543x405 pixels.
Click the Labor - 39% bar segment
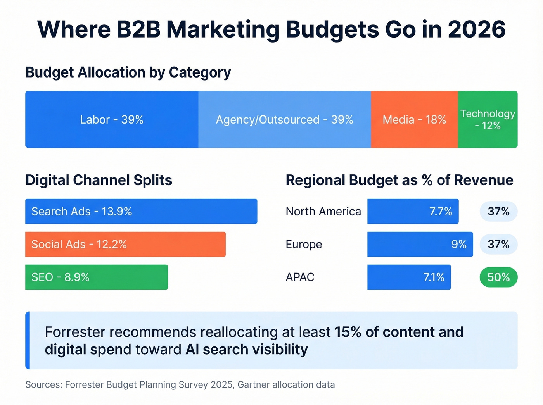click(x=112, y=119)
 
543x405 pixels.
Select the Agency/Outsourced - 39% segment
click(x=284, y=119)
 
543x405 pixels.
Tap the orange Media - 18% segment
click(x=414, y=119)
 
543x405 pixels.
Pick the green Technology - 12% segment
click(x=488, y=119)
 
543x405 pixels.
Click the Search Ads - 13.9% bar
click(x=141, y=211)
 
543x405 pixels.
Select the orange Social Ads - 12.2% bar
click(x=125, y=244)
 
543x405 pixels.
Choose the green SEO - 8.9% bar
click(x=96, y=277)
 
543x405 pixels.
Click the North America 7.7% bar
click(x=413, y=211)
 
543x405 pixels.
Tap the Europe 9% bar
click(x=420, y=244)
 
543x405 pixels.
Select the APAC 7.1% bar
click(x=409, y=277)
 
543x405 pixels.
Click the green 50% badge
click(x=498, y=277)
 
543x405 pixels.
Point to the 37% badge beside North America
click(x=498, y=211)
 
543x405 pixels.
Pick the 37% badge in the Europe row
click(x=498, y=244)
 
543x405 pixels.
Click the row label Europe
click(x=304, y=245)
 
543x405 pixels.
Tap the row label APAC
click(x=300, y=277)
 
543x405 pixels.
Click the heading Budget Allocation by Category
click(x=128, y=73)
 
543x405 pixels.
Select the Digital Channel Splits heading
click(x=99, y=180)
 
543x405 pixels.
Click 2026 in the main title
click(x=477, y=29)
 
